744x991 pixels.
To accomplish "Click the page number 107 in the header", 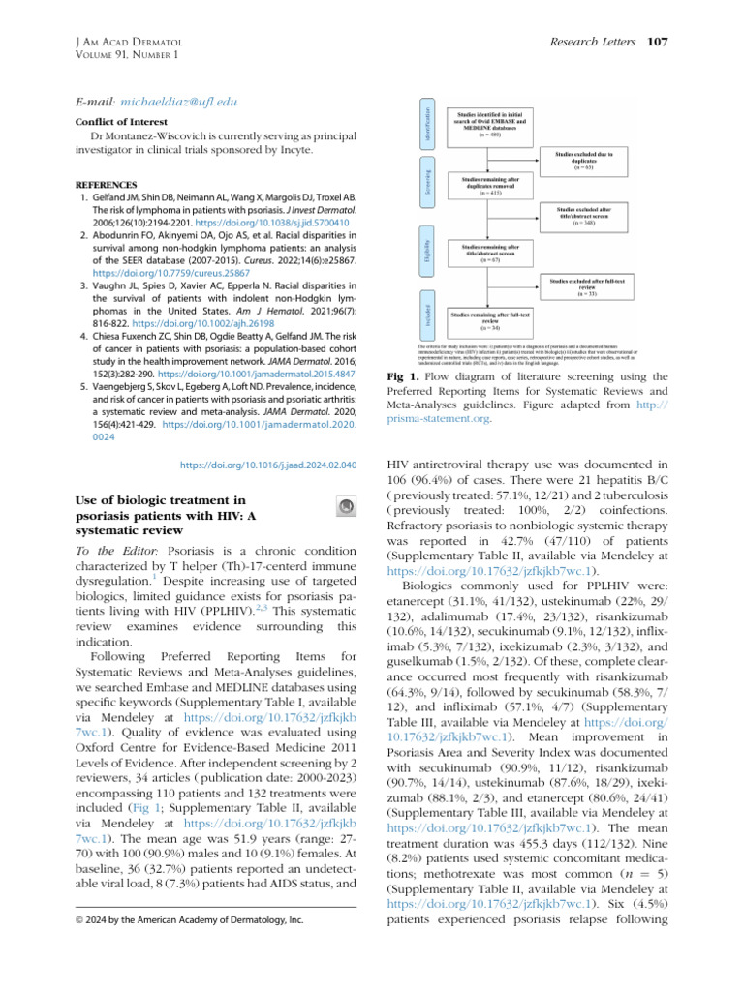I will (x=658, y=42).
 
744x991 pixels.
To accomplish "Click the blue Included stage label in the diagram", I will (x=427, y=313).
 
